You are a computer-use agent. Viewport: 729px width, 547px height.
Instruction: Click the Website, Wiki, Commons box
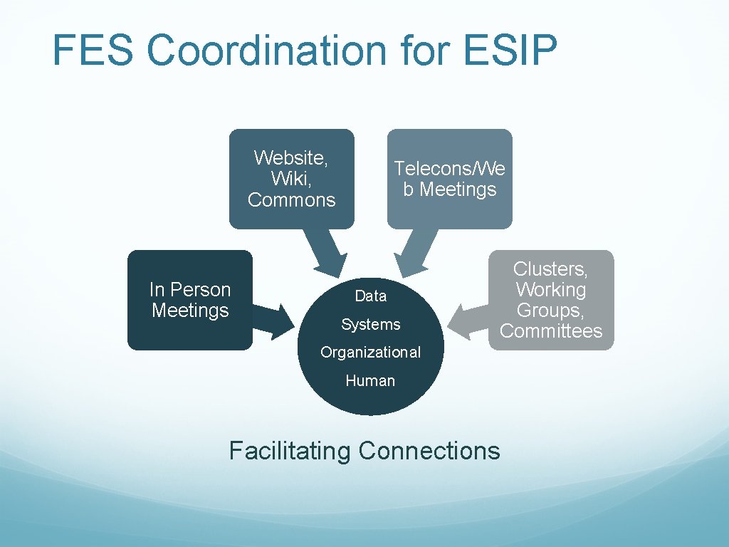pos(291,179)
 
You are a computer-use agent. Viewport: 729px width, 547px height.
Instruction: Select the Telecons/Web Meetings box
pos(449,179)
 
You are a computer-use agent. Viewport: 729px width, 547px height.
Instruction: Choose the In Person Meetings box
pos(189,300)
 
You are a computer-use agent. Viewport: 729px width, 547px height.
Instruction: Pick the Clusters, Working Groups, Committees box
pos(551,300)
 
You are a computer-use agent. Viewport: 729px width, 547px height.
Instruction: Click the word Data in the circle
pos(370,296)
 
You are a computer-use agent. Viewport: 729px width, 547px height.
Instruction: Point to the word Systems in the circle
pos(370,325)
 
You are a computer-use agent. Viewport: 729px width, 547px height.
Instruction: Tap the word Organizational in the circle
pos(370,353)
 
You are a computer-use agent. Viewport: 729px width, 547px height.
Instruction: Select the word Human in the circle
pos(370,381)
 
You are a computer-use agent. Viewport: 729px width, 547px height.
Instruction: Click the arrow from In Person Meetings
pos(273,318)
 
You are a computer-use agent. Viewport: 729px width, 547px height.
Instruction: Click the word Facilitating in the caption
pos(290,451)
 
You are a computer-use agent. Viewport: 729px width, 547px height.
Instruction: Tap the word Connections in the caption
pos(429,451)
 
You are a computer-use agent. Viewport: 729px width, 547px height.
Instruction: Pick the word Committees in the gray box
pos(551,331)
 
